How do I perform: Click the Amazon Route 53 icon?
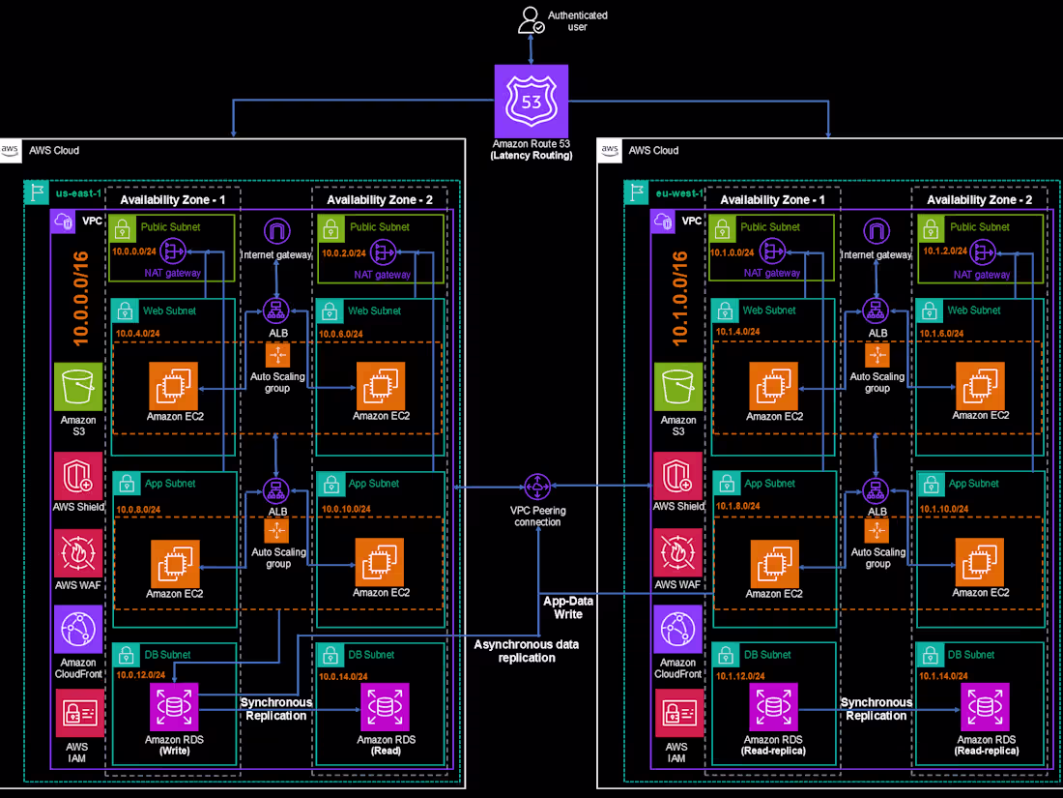531,101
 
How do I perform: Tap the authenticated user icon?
530,19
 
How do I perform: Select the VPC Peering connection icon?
536,488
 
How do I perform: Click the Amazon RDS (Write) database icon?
174,707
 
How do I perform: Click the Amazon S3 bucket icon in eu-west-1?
677,387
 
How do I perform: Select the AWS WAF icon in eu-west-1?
677,553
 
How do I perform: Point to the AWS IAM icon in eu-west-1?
677,715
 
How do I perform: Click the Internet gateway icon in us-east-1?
276,232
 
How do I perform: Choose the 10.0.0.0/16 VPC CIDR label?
80,299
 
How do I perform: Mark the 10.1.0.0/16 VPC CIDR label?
680,299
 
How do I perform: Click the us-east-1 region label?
76,192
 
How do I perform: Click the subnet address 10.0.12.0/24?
142,675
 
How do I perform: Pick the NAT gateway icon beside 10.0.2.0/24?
384,252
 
